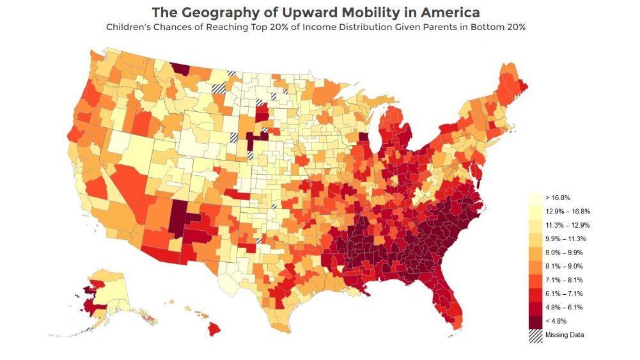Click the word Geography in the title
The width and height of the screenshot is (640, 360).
(x=214, y=12)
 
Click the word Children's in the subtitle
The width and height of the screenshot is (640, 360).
(x=130, y=27)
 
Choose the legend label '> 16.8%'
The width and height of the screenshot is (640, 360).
(x=557, y=198)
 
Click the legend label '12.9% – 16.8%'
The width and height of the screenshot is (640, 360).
(x=567, y=211)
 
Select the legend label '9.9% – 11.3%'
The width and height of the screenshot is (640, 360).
(x=565, y=239)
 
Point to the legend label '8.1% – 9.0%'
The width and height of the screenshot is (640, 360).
(x=563, y=266)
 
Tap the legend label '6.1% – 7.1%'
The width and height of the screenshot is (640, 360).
(x=563, y=293)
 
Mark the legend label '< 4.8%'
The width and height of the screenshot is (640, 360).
(x=556, y=321)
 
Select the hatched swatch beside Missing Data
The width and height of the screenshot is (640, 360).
(x=535, y=335)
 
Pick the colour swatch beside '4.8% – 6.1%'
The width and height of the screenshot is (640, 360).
(x=535, y=308)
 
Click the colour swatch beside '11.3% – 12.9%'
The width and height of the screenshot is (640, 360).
(x=535, y=225)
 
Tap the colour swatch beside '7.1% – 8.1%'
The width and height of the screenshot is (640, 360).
(x=535, y=280)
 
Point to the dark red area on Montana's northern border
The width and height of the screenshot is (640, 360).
(x=181, y=68)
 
